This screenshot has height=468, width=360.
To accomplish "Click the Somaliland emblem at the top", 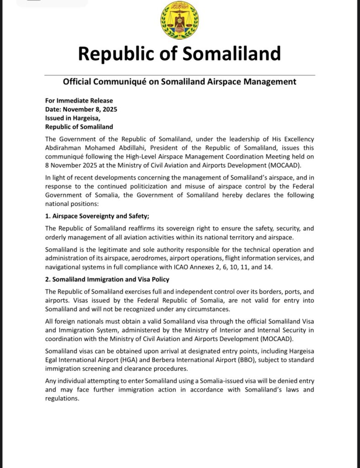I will (x=180, y=20).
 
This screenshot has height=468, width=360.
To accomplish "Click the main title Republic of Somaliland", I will (x=180, y=53).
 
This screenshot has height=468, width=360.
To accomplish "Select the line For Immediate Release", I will (x=79, y=101).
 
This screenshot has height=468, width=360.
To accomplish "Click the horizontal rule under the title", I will (x=180, y=74).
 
